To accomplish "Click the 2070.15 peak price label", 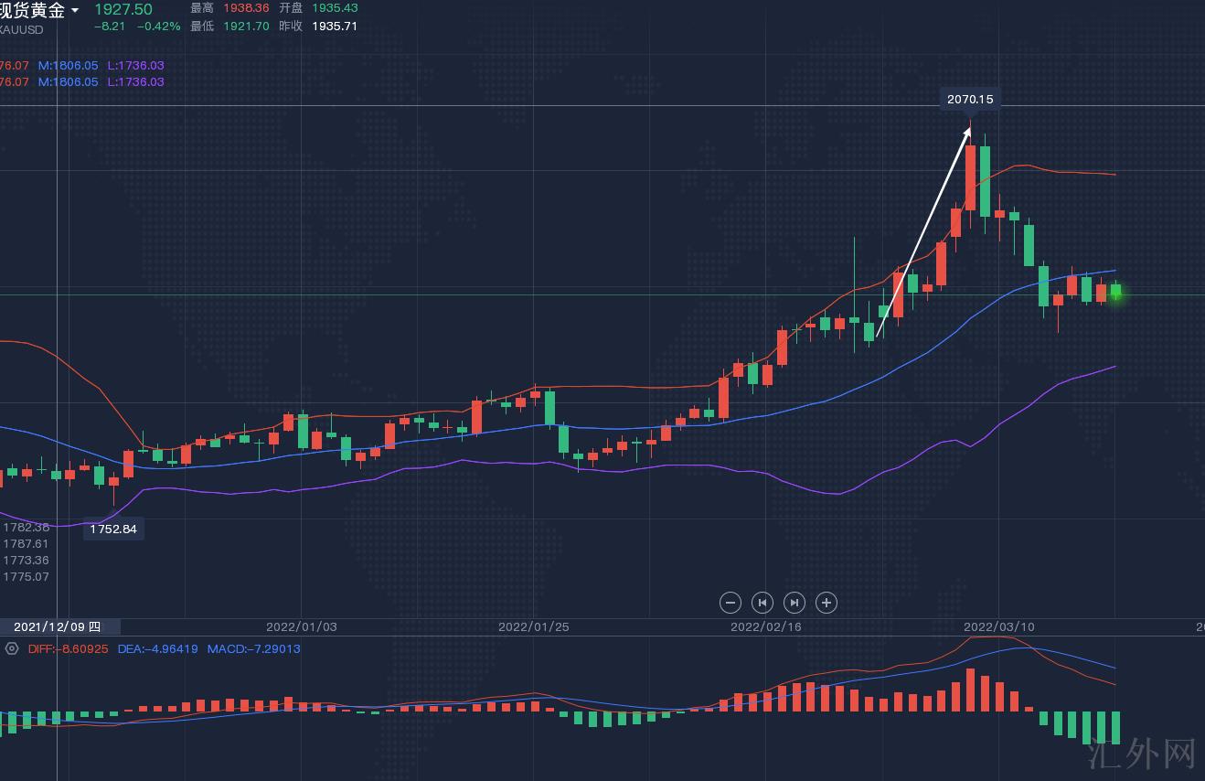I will [970, 99].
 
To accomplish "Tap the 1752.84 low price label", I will [113, 529].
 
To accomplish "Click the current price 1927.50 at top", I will [123, 9].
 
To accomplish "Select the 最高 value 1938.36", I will [247, 8].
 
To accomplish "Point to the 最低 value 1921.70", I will [247, 27].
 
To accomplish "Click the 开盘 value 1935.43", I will [335, 8].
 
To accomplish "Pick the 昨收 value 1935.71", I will [335, 27].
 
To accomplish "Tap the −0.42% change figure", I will [159, 27].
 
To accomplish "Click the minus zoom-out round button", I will [730, 603].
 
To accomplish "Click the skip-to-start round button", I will [762, 603].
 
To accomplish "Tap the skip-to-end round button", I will [794, 603].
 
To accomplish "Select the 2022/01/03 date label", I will [302, 627].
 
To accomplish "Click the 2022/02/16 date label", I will [766, 627].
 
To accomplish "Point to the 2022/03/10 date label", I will [999, 627].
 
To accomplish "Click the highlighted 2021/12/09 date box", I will [59, 627].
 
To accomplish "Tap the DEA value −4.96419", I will [158, 649].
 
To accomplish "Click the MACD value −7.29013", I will [253, 649].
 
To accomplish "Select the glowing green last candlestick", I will [1115, 293].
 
